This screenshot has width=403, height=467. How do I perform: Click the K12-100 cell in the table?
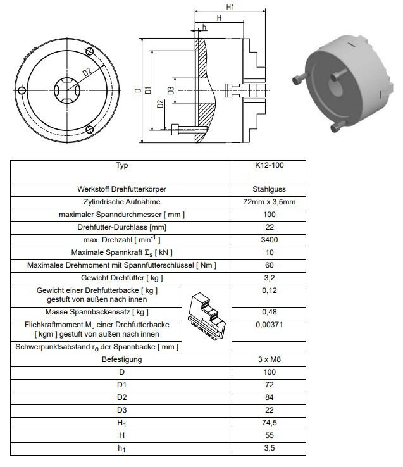click(x=269, y=166)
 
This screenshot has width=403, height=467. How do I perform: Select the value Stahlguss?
click(x=269, y=189)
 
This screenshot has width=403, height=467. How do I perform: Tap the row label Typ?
click(x=121, y=166)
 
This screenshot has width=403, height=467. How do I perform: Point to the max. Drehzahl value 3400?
click(x=269, y=240)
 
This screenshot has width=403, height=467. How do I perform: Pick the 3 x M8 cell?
click(x=269, y=359)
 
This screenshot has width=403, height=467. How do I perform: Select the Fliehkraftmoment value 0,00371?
click(x=269, y=324)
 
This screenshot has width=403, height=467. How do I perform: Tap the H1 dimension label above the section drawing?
click(x=231, y=7)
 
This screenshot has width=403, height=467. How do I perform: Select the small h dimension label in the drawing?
click(x=204, y=28)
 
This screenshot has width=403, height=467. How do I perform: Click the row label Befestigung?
click(x=121, y=359)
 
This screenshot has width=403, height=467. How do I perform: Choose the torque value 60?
click(x=269, y=265)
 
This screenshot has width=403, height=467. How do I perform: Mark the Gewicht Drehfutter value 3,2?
click(x=269, y=278)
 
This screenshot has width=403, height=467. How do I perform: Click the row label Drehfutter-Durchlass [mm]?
click(x=121, y=227)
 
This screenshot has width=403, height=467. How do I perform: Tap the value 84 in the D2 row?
click(x=269, y=397)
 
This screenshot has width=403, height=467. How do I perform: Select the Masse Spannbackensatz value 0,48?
click(x=269, y=312)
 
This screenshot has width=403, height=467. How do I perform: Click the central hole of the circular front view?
click(x=65, y=89)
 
